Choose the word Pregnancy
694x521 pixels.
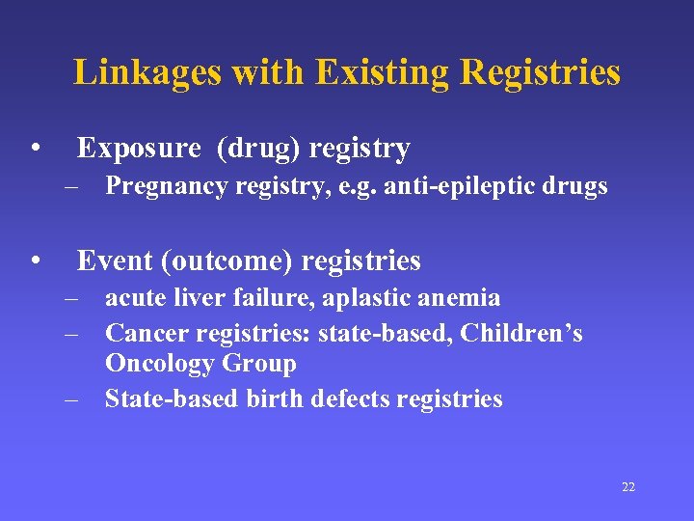[x=161, y=186]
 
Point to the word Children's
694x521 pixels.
[x=521, y=333]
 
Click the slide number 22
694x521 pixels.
[x=627, y=487]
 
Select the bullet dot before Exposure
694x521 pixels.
[x=34, y=149]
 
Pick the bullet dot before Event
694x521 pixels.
[x=34, y=261]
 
